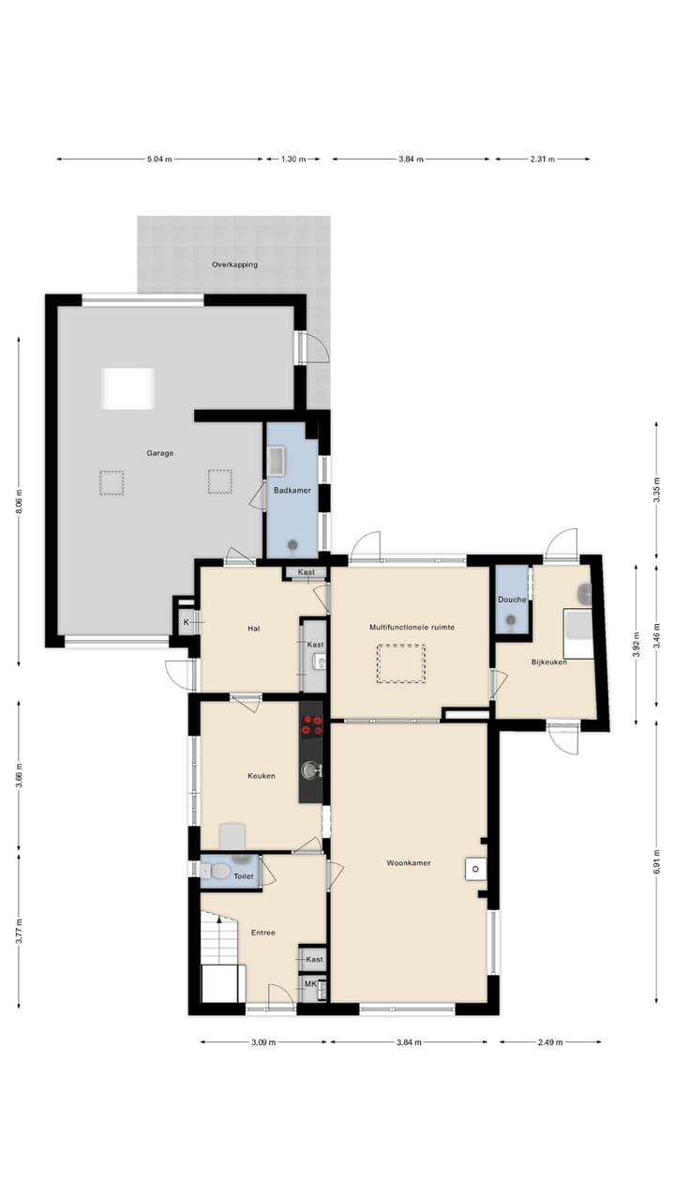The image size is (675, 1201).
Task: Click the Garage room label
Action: tap(159, 453)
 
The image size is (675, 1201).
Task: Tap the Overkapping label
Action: tap(234, 265)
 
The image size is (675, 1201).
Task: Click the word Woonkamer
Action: tap(409, 862)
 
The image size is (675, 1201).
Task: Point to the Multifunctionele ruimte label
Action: tap(412, 627)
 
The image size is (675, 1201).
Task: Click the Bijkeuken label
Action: tap(549, 662)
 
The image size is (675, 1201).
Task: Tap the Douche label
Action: tap(512, 600)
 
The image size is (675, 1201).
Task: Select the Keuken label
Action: tap(261, 776)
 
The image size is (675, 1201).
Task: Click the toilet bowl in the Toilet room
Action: tap(220, 872)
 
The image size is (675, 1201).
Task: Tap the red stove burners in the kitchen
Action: tap(311, 724)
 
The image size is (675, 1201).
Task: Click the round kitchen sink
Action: tap(310, 770)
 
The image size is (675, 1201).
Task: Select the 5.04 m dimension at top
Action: tap(159, 160)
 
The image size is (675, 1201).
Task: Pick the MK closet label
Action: tap(309, 984)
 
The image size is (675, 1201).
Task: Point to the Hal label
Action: tap(253, 629)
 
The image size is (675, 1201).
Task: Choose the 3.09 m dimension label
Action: tap(263, 1041)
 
